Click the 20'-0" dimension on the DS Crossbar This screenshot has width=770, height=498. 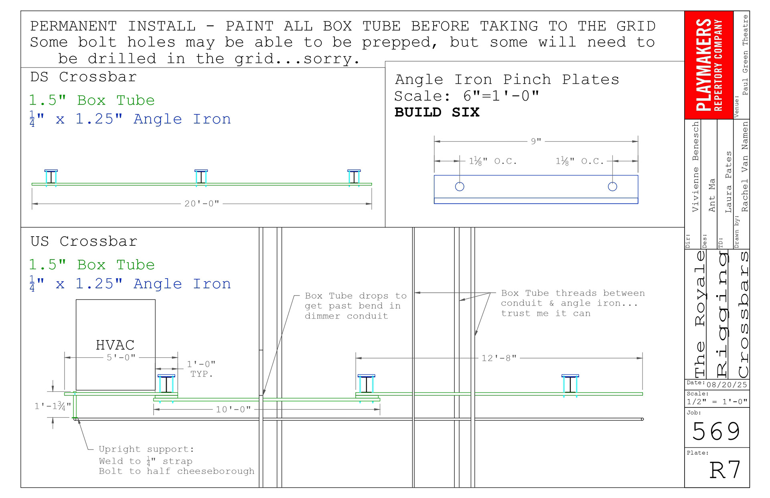(202, 204)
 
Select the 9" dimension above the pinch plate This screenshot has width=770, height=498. (536, 141)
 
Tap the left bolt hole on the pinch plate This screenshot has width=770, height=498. (460, 186)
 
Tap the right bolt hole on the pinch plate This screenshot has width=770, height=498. (612, 186)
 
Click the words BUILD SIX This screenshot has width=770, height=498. (437, 112)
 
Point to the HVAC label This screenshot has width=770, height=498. (115, 345)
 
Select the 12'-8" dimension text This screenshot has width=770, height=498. (499, 358)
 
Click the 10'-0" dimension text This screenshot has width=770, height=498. (233, 409)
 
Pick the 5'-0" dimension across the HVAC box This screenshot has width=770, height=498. (121, 357)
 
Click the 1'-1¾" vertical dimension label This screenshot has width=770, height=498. (53, 406)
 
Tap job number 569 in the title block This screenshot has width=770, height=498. (716, 431)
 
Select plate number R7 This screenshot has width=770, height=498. (725, 470)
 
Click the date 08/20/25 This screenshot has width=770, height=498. (727, 385)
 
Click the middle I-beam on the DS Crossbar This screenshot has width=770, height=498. (201, 177)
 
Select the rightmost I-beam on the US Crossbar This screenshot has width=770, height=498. (570, 385)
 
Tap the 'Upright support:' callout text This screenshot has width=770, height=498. (146, 449)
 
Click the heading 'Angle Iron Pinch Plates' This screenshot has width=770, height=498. (507, 80)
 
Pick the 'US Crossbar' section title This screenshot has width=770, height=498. (84, 241)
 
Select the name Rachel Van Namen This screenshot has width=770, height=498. (745, 167)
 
